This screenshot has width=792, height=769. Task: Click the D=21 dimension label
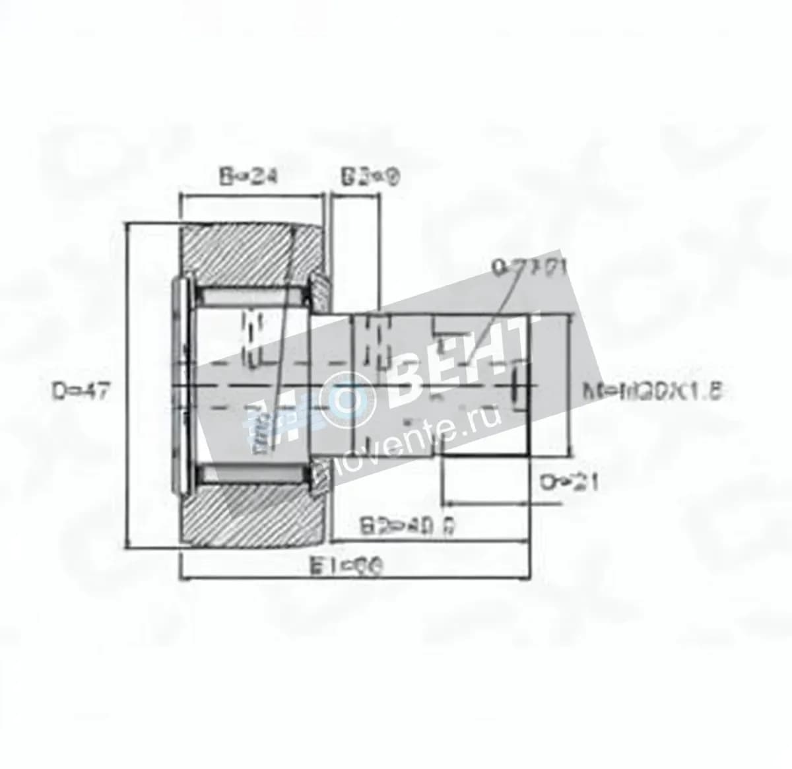click(569, 483)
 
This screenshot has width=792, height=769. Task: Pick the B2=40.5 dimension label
click(410, 527)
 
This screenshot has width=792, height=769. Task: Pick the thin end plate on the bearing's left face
click(179, 386)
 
